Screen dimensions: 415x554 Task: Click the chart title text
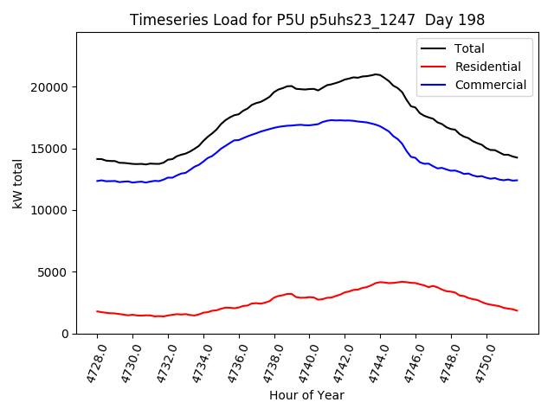(307, 20)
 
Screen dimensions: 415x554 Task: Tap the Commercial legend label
(491, 85)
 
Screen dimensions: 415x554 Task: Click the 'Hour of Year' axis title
(306, 395)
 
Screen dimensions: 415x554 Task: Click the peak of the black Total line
(377, 74)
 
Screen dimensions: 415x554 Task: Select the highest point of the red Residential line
(382, 282)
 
